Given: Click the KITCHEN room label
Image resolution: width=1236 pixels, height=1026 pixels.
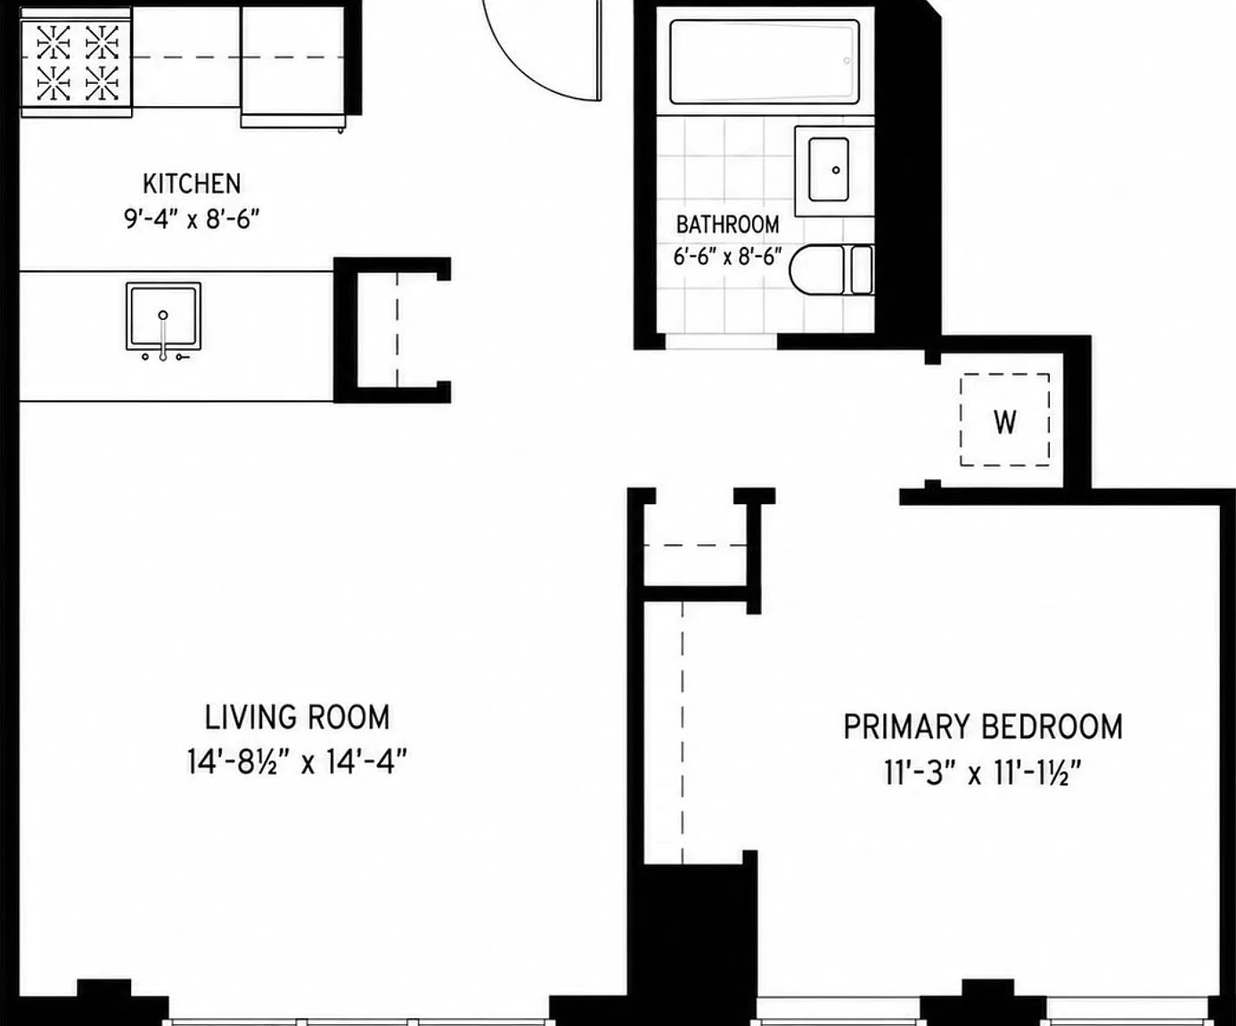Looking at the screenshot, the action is (x=192, y=184).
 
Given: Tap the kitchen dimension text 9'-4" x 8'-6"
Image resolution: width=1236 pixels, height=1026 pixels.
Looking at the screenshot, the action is (x=192, y=219).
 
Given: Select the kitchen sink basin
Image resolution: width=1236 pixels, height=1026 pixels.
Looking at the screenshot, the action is (x=163, y=316).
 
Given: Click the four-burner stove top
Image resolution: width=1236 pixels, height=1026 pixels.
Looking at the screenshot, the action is (x=77, y=62).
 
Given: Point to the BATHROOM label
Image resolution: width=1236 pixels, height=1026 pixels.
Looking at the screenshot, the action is (x=727, y=224).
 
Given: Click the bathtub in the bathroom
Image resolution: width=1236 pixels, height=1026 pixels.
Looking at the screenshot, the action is (x=765, y=61).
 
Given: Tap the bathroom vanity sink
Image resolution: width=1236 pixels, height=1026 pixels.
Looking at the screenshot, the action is (x=829, y=170).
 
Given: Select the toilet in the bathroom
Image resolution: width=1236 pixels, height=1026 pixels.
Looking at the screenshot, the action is (x=831, y=270).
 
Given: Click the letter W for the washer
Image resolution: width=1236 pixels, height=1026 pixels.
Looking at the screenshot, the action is (x=1005, y=422).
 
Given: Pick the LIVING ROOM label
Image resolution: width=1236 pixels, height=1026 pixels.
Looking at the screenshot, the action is (x=297, y=718).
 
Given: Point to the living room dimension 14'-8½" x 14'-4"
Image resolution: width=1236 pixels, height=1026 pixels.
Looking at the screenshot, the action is (x=297, y=761).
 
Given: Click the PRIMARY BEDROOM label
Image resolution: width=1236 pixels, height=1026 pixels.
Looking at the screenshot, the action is (x=983, y=727).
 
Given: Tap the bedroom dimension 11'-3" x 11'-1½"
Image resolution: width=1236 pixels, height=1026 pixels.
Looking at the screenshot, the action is (x=983, y=772).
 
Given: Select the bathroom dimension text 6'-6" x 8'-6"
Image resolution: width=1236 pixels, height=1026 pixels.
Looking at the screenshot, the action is (x=727, y=256).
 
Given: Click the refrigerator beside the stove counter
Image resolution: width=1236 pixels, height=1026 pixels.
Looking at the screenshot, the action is (x=292, y=66).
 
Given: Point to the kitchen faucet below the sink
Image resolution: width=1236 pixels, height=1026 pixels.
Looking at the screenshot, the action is (x=163, y=343).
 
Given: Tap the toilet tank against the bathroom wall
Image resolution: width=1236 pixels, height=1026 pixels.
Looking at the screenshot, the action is (x=862, y=270).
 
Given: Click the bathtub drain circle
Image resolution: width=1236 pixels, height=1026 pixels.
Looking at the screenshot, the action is (x=847, y=61).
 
